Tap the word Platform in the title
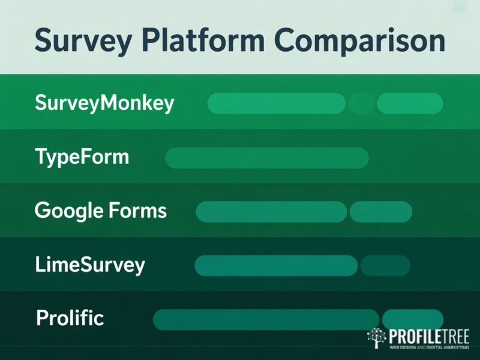coord(205,41)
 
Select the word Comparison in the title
coord(354,41)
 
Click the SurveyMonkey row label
coord(104,103)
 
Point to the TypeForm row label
coord(82,157)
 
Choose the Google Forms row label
coord(101,211)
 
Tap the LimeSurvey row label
coord(90,265)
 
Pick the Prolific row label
coord(70,318)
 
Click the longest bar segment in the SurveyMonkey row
coord(277,103)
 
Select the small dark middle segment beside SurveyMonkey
coord(361,103)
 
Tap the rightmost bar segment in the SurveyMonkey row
coord(410,103)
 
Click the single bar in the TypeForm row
coord(266,158)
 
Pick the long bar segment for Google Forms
coord(271,212)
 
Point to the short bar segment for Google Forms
coord(380,212)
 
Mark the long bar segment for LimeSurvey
coord(276,266)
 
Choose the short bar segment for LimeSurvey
coord(385,266)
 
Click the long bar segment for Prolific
coord(266,320)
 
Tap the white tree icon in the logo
coord(377,338)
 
